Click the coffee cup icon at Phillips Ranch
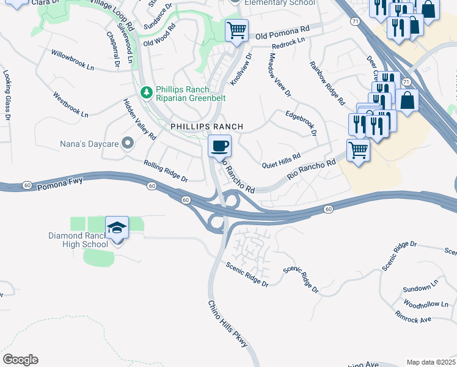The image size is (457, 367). (x=220, y=146)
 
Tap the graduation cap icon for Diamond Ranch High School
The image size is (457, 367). (x=117, y=228)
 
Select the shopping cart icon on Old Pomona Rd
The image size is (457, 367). (x=236, y=29)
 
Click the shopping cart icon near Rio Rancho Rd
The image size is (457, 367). (x=358, y=150)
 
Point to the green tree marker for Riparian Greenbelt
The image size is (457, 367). (x=146, y=92)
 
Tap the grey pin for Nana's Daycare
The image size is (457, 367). (x=127, y=143)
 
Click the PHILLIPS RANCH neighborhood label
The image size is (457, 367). (x=207, y=127)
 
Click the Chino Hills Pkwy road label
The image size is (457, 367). (x=227, y=324)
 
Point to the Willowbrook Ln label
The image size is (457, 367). (x=73, y=60)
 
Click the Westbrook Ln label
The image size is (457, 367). (x=70, y=105)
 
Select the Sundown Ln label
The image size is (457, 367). (x=421, y=287)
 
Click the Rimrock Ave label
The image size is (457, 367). (x=413, y=319)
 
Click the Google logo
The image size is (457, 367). (x=20, y=360)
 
